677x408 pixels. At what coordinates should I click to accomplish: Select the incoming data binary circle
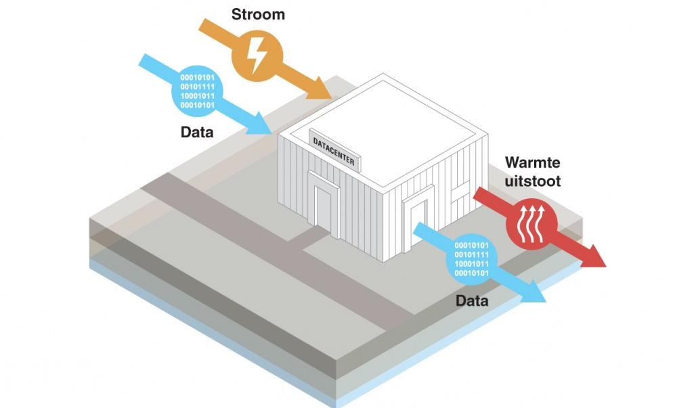197,91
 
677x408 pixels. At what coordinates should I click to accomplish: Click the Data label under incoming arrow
197,132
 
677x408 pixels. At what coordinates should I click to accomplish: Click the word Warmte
532,163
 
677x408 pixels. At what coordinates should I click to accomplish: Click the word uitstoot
532,181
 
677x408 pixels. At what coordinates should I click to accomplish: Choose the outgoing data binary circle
472,259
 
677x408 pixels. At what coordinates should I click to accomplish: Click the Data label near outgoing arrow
471,300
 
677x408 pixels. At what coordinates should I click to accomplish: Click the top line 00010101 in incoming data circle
197,78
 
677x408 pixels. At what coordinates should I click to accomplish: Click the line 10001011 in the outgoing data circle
472,264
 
